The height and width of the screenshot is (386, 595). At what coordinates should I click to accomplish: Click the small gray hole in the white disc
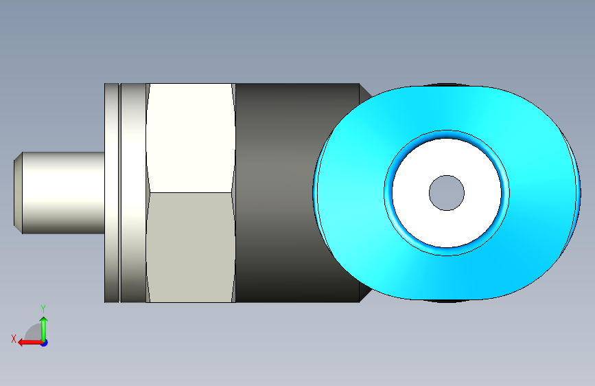447,193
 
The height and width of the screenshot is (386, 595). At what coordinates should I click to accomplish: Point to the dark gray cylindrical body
288,193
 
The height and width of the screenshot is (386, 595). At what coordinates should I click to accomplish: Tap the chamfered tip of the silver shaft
18,193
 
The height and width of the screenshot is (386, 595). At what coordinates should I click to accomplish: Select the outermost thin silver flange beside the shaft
112,193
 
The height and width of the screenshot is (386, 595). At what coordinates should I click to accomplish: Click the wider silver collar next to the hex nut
133,193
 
